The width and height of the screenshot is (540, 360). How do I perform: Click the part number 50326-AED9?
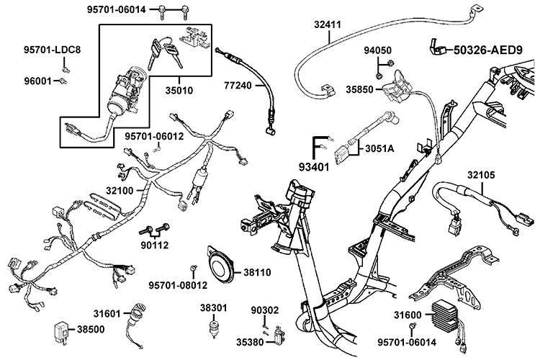487,50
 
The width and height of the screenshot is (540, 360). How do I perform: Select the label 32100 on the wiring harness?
120,191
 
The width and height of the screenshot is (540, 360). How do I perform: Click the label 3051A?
379,149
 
